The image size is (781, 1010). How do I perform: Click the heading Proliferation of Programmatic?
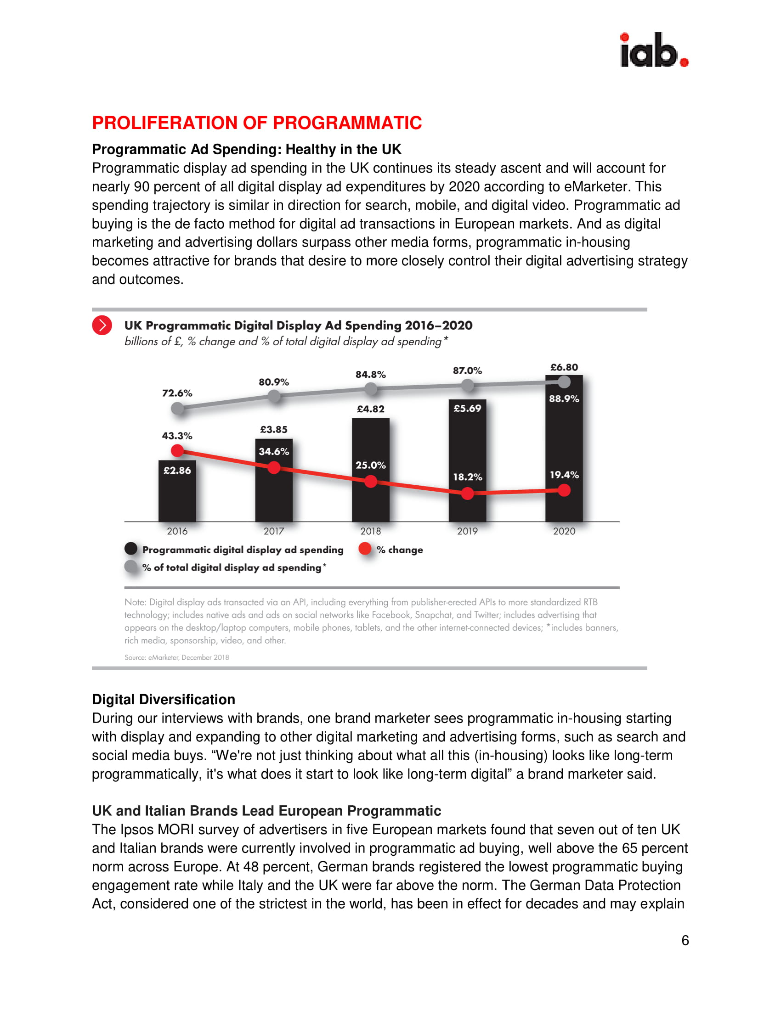point(257,123)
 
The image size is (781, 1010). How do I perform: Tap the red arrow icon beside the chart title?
point(102,325)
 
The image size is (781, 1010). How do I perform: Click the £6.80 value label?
point(564,367)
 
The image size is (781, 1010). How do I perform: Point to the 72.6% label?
point(177,393)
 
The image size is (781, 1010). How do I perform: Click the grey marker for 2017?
point(274,396)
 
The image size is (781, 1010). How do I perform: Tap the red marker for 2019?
point(468,494)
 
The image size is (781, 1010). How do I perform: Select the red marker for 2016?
point(177,450)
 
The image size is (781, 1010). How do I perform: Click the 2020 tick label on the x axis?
point(564,531)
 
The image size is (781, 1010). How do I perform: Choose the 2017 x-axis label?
point(274,531)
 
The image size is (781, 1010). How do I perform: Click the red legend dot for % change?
point(365,549)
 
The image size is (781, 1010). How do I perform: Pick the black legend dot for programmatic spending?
point(131,549)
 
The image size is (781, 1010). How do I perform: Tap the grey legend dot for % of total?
point(131,567)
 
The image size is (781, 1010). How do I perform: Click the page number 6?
point(685,940)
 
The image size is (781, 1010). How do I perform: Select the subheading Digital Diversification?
point(164,699)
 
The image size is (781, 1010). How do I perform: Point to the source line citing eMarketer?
point(176,657)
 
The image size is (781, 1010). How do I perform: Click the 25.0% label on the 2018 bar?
point(371,465)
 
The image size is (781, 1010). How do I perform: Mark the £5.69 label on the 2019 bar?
point(467,408)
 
